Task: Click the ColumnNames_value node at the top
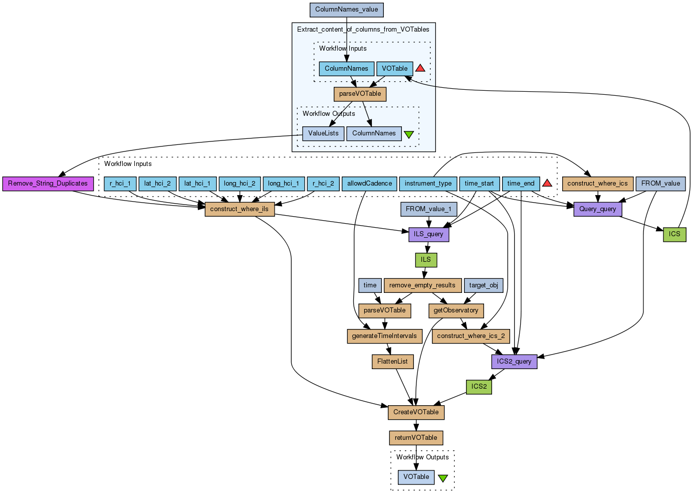tap(347, 10)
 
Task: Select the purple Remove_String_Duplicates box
tap(48, 184)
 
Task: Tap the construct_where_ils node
tap(240, 209)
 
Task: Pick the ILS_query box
tap(428, 234)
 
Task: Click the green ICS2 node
tap(479, 387)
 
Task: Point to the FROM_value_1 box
tap(428, 209)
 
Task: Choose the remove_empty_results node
tap(422, 285)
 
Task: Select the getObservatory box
tap(456, 310)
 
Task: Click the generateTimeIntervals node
tap(384, 336)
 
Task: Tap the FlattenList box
tap(392, 362)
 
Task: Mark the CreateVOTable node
tap(416, 412)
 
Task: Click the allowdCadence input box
tap(370, 184)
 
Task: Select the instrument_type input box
tap(428, 184)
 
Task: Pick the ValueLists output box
tap(323, 133)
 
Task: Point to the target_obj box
tap(484, 285)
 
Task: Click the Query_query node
tap(598, 209)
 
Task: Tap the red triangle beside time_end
tap(547, 183)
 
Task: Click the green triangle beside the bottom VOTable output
tap(443, 478)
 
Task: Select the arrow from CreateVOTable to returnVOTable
tap(416, 425)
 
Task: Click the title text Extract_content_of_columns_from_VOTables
tap(363, 30)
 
